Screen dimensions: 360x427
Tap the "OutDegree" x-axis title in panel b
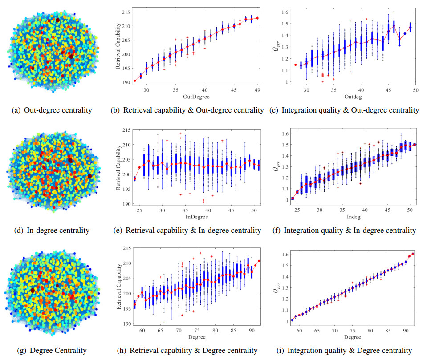194,97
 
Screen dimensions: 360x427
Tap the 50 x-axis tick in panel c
415,89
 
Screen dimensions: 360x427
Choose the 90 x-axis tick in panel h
252,330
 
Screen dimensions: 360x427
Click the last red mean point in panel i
413,254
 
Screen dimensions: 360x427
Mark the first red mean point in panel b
135,81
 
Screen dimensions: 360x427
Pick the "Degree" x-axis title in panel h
195,337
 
